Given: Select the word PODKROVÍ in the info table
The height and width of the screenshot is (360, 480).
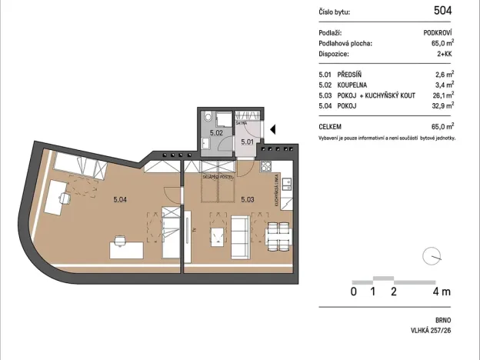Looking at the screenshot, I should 438,33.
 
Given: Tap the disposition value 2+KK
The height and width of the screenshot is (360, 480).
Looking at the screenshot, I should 443,55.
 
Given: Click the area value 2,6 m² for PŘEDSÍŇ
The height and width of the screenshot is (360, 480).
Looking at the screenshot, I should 444,75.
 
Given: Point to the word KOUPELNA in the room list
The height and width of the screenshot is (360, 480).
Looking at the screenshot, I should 353,85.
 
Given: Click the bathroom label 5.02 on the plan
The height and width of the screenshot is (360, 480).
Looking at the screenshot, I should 216,133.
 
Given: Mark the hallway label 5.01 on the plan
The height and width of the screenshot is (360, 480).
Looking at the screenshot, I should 247,142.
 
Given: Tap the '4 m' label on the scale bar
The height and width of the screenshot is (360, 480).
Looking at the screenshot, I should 442,292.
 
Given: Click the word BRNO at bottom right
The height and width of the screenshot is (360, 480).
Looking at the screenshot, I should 442,319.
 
